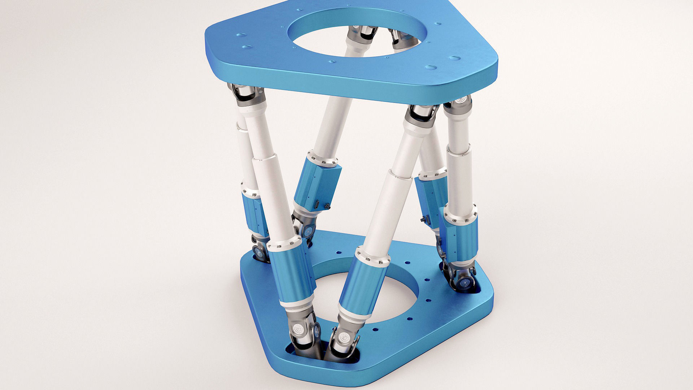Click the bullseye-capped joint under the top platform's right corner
coord(459,103)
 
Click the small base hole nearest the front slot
coord(376,330)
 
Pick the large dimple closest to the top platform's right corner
coord(454,58)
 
